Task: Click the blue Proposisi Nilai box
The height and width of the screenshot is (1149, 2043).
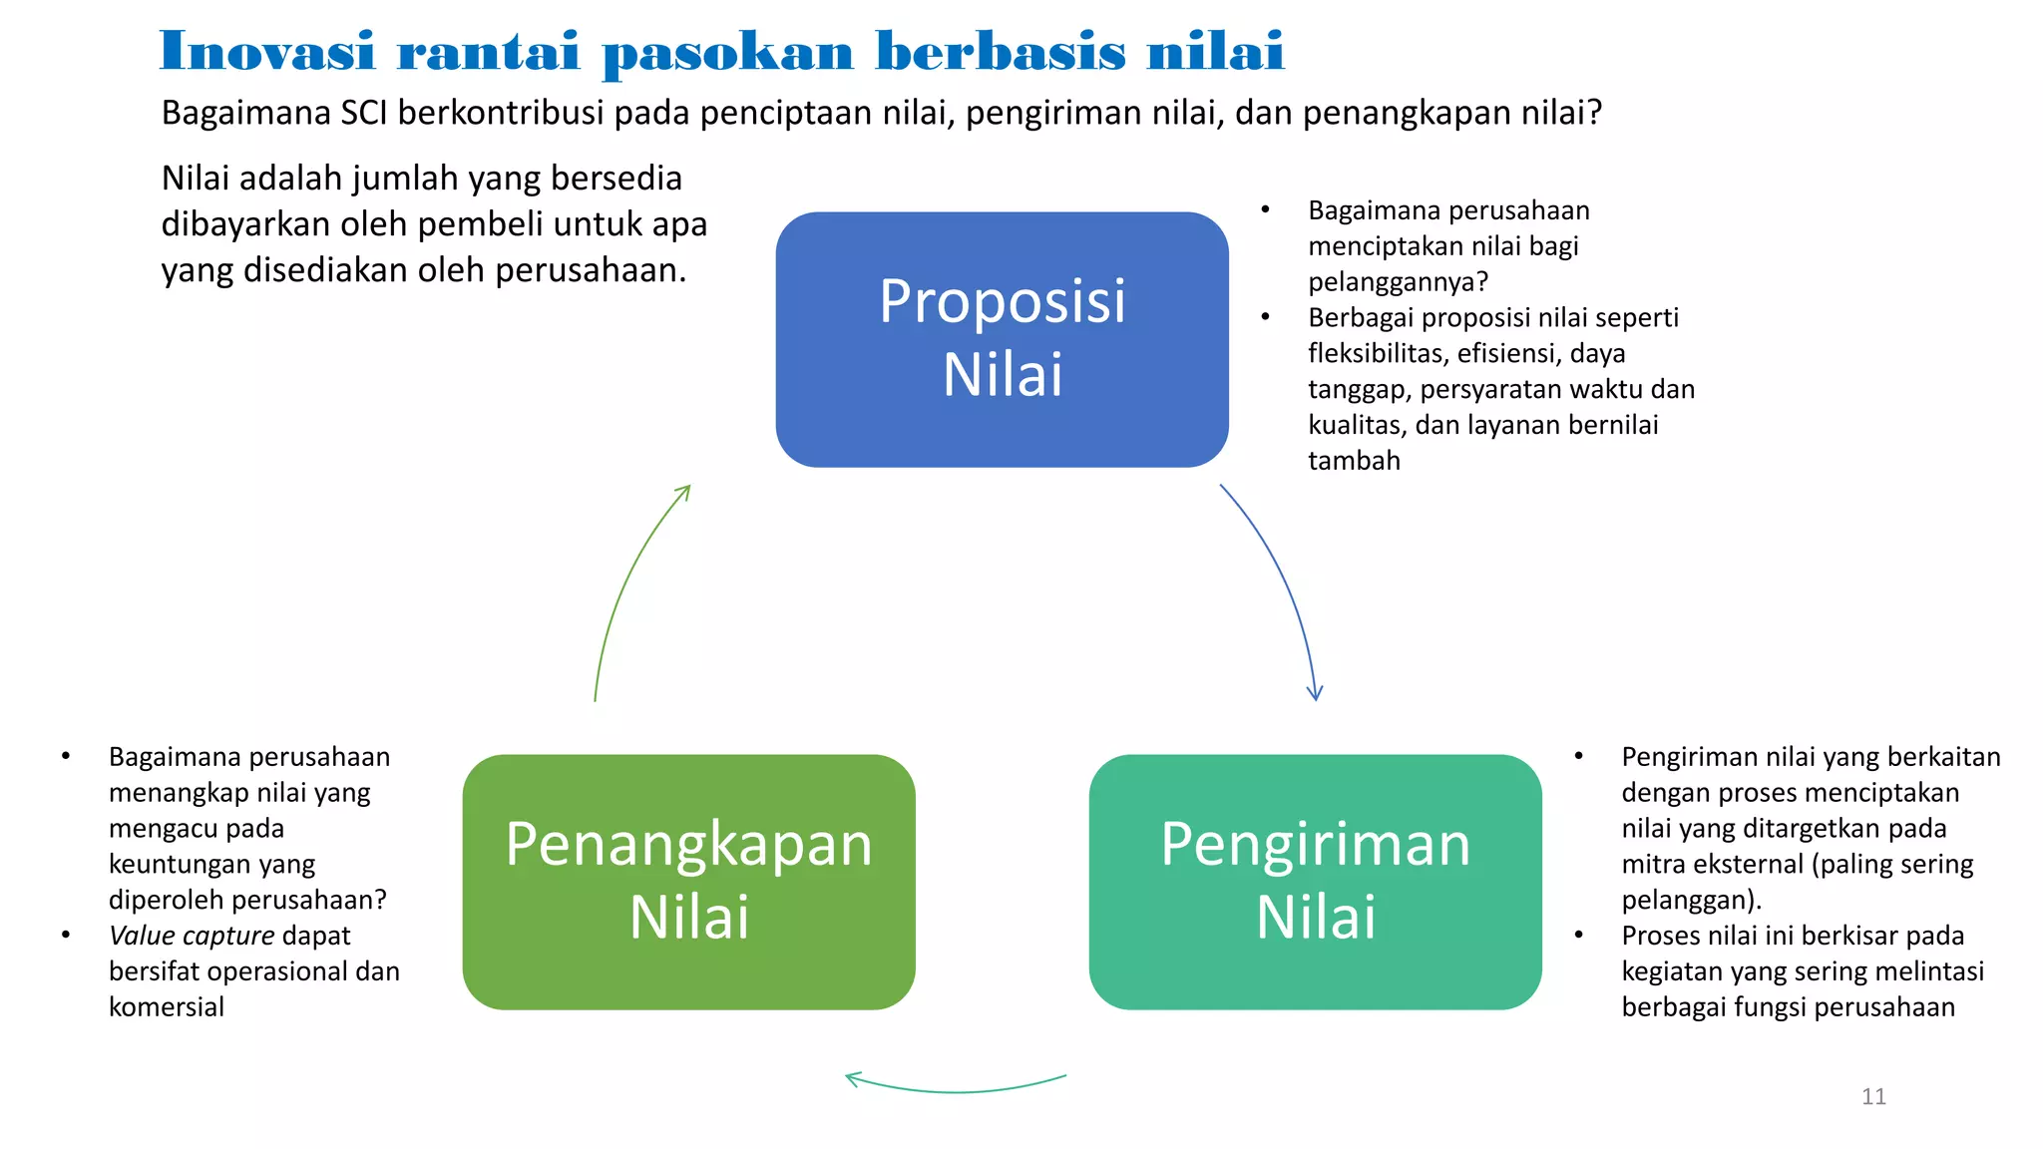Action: pyautogui.click(x=1002, y=339)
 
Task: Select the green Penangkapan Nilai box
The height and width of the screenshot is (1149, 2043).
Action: pyautogui.click(x=688, y=882)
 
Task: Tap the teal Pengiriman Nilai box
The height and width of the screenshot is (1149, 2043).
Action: pyautogui.click(x=1315, y=882)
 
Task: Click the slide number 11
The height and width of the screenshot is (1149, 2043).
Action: pyautogui.click(x=1873, y=1096)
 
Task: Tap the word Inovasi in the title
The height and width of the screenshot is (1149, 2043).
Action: pyautogui.click(x=266, y=52)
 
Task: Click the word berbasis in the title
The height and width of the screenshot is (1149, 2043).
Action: pyautogui.click(x=1000, y=52)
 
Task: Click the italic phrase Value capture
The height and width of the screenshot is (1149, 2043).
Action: pyautogui.click(x=192, y=936)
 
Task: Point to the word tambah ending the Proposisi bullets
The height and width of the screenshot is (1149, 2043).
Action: pyautogui.click(x=1354, y=461)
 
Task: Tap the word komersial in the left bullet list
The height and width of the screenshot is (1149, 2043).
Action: pyautogui.click(x=167, y=1007)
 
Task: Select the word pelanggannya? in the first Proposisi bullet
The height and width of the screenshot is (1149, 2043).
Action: pyautogui.click(x=1398, y=282)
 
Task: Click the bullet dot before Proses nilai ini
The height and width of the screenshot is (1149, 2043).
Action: pyautogui.click(x=1579, y=936)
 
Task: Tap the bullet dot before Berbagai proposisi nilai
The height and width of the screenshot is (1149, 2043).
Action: pyautogui.click(x=1265, y=317)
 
